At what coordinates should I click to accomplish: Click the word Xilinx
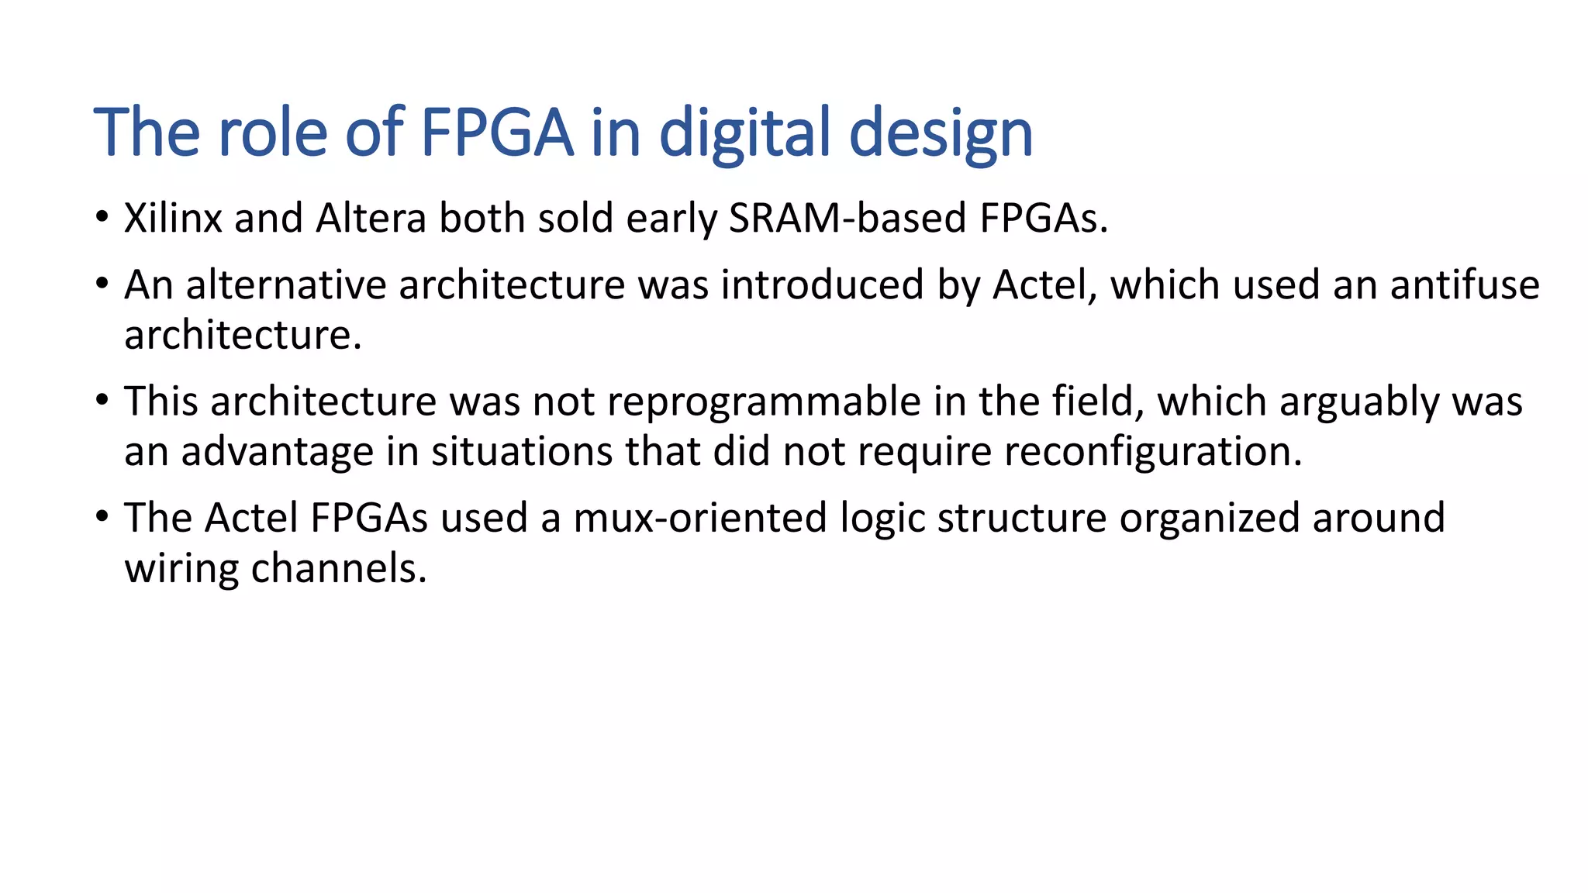coord(173,219)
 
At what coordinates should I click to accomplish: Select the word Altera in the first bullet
coord(371,219)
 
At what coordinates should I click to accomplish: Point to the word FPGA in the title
coord(496,133)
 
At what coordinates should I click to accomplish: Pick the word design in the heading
coord(941,134)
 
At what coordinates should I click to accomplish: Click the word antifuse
coord(1465,285)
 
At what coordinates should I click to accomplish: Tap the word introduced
coord(822,285)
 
